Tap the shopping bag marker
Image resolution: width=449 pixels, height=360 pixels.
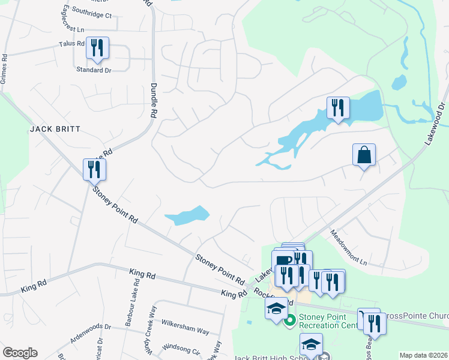click(x=364, y=155)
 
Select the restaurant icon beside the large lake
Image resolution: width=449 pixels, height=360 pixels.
click(x=338, y=109)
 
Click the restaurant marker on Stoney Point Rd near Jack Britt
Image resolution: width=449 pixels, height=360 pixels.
click(x=94, y=170)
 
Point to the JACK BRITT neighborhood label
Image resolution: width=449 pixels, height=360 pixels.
click(x=55, y=129)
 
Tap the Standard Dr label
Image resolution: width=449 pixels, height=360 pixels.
click(x=94, y=70)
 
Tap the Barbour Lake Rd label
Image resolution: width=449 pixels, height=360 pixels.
click(x=129, y=306)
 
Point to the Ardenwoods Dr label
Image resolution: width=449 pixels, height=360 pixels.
click(x=91, y=327)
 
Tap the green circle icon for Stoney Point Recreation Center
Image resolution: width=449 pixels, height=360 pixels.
click(x=290, y=320)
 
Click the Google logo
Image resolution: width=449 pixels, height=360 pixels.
click(x=20, y=353)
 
